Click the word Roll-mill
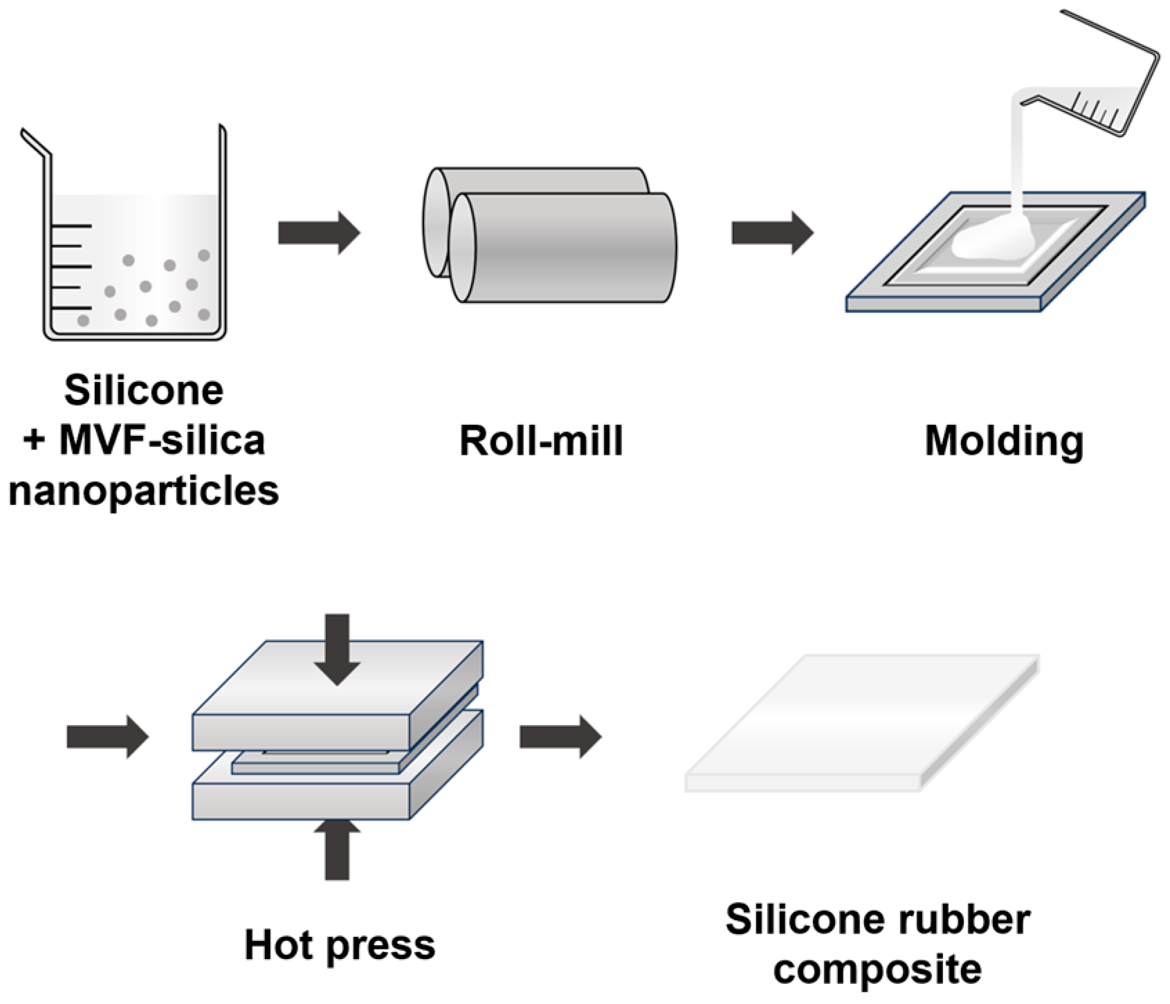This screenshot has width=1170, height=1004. [541, 441]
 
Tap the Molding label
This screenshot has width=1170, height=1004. [1004, 441]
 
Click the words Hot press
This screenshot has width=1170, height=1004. [340, 945]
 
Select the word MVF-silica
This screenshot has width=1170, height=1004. [162, 441]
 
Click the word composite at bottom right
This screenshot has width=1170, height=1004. [877, 969]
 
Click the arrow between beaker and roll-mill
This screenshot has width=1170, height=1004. [319, 233]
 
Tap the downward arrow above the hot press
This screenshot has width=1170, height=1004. [337, 648]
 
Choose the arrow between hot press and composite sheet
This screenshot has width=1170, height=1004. [560, 736]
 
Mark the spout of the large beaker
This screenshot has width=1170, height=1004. [35, 143]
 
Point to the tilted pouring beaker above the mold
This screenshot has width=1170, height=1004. [1100, 83]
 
